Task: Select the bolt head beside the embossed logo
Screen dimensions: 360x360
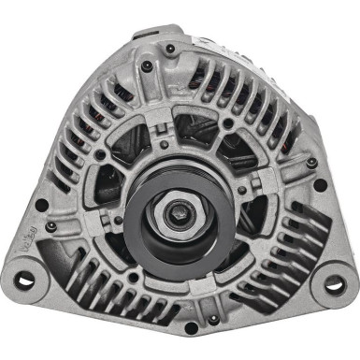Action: tap(51, 227)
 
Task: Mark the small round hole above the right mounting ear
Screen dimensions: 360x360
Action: tap(321, 185)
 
